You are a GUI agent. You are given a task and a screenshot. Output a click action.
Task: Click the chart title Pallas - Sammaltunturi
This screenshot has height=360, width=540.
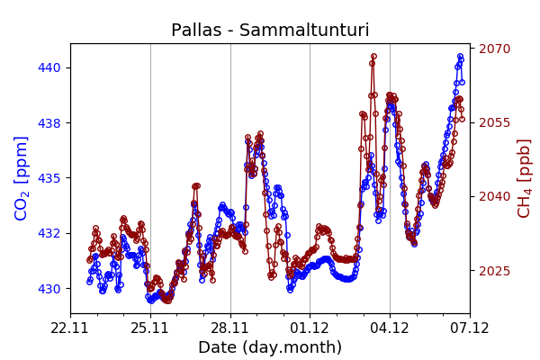point(270,31)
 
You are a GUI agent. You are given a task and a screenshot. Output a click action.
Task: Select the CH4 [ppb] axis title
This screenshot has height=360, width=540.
point(524,178)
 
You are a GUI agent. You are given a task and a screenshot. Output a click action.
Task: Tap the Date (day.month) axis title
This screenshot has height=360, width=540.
point(270,347)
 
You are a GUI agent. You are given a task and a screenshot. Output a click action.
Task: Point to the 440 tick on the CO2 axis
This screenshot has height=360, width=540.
point(49,67)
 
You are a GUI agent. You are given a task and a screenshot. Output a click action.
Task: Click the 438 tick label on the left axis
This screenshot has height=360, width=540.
point(49,122)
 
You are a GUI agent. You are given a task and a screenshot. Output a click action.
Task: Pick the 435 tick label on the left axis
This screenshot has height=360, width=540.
point(49,178)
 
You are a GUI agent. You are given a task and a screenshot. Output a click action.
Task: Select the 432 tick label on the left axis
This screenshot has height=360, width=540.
point(49,233)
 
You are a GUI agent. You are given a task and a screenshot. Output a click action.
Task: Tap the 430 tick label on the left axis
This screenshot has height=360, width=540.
point(49,289)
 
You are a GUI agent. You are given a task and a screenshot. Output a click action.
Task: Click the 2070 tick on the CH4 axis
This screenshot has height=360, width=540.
point(494,49)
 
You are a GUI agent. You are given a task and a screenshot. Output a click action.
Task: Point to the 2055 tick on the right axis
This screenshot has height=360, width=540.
point(494,122)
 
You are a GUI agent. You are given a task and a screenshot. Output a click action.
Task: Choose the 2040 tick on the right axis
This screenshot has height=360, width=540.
point(494,196)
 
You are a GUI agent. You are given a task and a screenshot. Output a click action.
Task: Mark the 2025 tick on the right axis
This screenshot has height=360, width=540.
point(494,271)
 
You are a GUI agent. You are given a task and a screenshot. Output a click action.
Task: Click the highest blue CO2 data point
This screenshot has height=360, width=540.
point(460,57)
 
